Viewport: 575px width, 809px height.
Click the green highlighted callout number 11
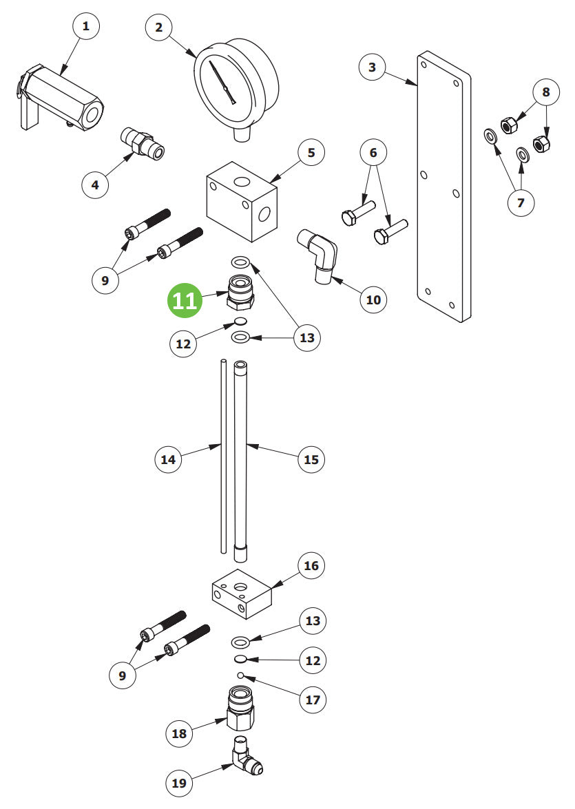click(185, 301)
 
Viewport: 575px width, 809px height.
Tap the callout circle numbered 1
click(85, 27)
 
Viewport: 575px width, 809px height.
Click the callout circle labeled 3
click(373, 67)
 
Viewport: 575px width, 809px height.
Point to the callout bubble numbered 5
click(311, 153)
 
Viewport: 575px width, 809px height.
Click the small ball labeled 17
click(240, 675)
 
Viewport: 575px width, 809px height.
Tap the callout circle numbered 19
click(178, 783)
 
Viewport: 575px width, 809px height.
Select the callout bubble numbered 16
click(311, 565)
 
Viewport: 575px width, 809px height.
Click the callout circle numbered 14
click(169, 459)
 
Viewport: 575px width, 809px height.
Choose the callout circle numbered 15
click(311, 459)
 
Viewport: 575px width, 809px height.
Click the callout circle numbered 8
click(546, 92)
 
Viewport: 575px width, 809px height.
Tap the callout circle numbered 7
click(521, 202)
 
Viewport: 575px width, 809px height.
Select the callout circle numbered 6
click(374, 152)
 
